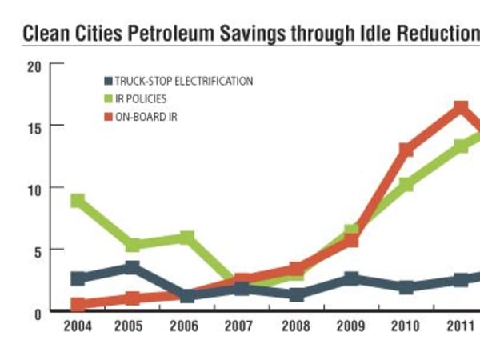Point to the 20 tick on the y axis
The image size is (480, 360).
point(33,66)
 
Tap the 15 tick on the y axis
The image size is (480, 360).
point(33,126)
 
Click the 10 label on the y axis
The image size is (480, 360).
point(33,188)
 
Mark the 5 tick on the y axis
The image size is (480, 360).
point(36,250)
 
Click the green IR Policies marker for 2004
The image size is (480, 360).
point(78,201)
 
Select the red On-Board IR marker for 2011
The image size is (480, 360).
point(460,108)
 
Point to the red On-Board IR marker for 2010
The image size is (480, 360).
point(406,150)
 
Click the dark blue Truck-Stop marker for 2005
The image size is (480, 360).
point(132,267)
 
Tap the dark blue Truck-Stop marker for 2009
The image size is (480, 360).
point(350,278)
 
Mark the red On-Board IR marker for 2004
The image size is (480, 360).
point(78,304)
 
